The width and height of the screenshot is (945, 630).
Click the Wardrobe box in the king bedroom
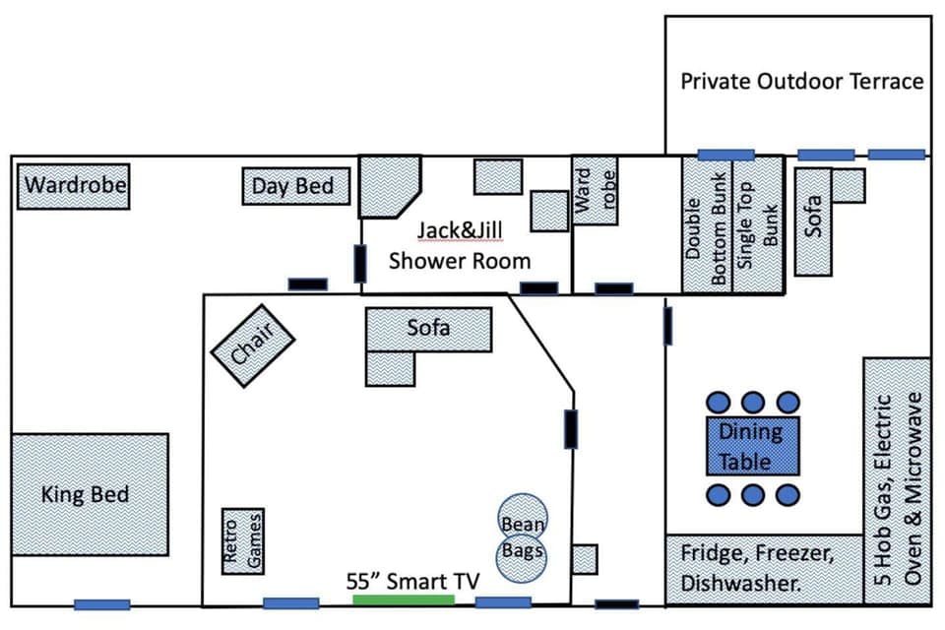tap(75, 186)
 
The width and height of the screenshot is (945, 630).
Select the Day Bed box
tap(295, 186)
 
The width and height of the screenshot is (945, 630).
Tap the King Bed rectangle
tap(89, 493)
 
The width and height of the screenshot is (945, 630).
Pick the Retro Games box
tap(242, 540)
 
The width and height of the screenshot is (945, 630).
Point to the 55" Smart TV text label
tap(412, 581)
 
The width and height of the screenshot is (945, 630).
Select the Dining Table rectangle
tap(752, 445)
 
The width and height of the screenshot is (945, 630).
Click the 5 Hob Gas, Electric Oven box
tap(897, 480)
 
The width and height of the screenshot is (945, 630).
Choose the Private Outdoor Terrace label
tap(801, 82)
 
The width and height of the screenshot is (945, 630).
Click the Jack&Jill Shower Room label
tap(459, 245)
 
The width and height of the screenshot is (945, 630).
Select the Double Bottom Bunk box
tap(707, 225)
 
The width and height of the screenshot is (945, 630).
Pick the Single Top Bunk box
tap(758, 225)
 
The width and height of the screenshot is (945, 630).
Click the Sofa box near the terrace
tap(815, 222)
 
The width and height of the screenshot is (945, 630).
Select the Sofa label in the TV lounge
tap(428, 328)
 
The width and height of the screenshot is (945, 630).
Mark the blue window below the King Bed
tap(101, 604)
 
